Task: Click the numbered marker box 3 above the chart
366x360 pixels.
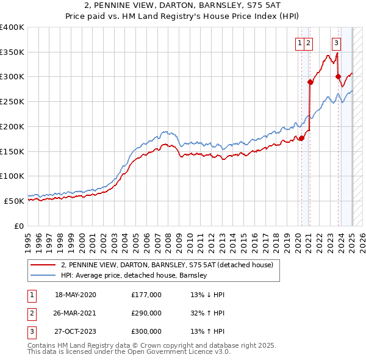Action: (336, 43)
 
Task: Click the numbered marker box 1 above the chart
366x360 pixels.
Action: (301, 43)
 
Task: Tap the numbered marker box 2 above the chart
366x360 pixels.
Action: (309, 43)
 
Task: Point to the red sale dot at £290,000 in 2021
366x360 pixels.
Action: (310, 82)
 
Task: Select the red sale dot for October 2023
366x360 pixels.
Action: (338, 77)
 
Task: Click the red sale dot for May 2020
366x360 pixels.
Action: (301, 138)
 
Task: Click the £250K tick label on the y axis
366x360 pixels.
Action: (12, 102)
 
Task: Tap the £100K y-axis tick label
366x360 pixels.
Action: (12, 176)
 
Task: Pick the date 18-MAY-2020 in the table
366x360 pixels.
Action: (75, 295)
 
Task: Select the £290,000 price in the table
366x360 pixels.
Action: (146, 313)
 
